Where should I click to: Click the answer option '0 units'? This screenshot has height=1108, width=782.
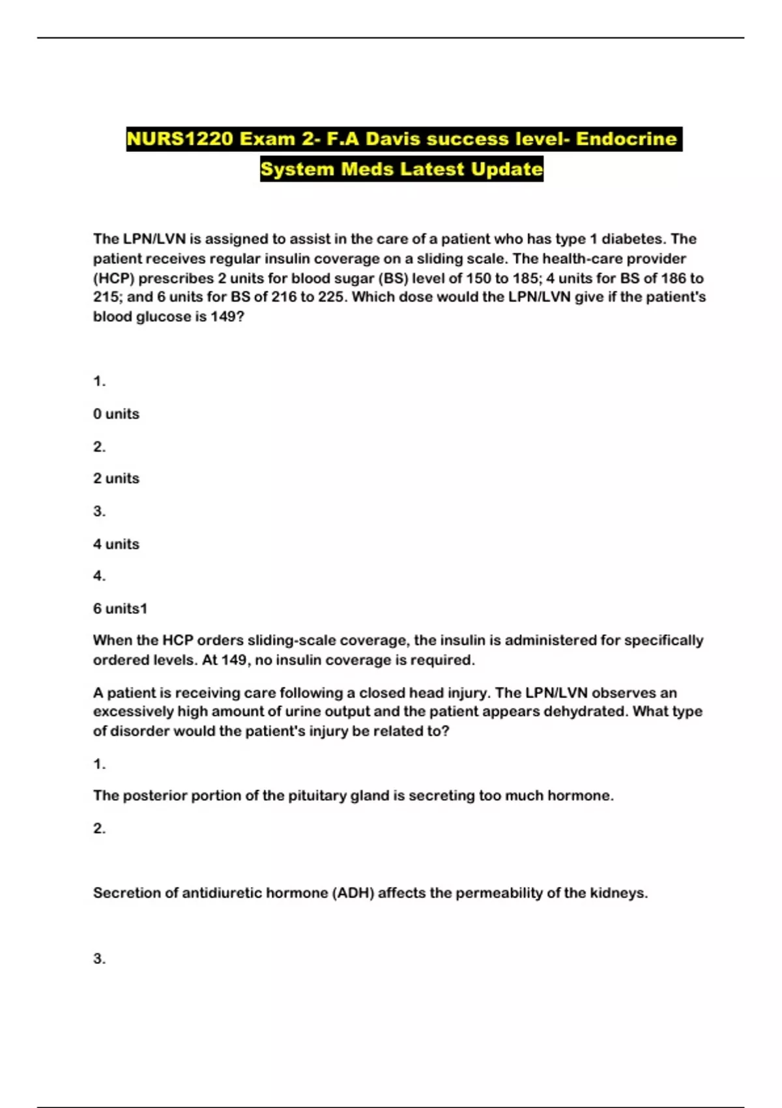pos(116,414)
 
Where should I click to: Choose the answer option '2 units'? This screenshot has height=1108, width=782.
pos(116,478)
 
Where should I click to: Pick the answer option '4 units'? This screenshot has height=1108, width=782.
pos(116,544)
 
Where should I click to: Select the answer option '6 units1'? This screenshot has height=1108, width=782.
pos(120,608)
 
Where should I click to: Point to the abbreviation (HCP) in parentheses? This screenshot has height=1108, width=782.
pos(113,278)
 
